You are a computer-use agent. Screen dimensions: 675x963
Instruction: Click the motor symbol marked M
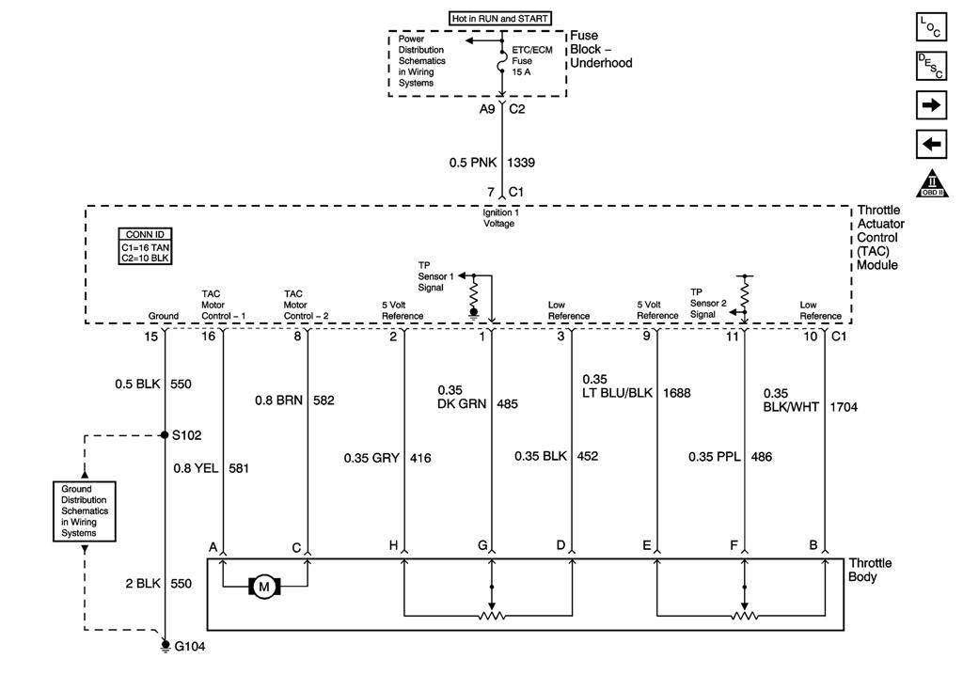[263, 588]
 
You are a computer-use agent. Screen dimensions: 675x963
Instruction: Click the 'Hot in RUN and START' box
[500, 18]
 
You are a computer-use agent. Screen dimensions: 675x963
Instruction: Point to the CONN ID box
[146, 246]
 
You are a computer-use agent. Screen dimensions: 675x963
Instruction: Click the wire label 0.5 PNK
[472, 163]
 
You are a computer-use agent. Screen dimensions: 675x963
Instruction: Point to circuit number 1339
[521, 163]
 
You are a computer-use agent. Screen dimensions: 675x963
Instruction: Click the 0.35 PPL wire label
[715, 457]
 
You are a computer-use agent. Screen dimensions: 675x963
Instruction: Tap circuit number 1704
[844, 407]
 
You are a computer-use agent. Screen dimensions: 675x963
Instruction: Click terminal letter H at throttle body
[392, 545]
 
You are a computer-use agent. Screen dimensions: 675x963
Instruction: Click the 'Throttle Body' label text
[870, 570]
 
